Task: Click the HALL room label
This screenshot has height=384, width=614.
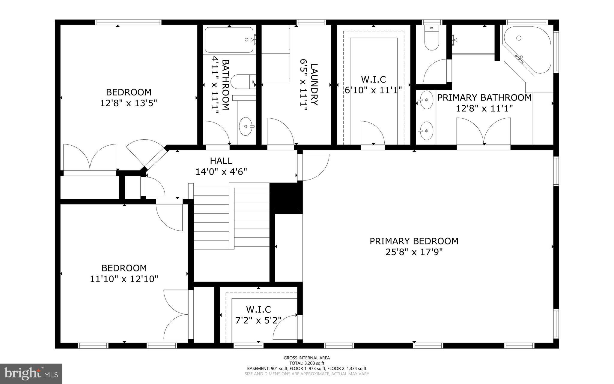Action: click(x=221, y=161)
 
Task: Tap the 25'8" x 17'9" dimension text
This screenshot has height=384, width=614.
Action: click(x=414, y=252)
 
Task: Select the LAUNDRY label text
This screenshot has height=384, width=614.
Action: click(x=314, y=84)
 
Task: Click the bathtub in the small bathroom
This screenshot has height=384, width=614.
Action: click(x=229, y=40)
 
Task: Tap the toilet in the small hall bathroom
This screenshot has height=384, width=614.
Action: click(x=243, y=82)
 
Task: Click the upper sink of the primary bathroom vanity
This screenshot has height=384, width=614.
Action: click(x=426, y=100)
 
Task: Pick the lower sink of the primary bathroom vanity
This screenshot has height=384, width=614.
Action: click(x=426, y=131)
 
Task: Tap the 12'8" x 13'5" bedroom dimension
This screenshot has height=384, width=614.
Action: click(x=129, y=103)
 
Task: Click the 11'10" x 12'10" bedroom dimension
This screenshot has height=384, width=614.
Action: click(x=124, y=279)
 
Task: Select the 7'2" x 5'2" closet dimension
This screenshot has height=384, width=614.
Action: click(x=258, y=321)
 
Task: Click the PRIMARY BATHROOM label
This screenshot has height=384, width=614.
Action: click(x=484, y=98)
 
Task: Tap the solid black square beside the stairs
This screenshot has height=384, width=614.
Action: click(x=286, y=198)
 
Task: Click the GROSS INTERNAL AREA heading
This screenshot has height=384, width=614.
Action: click(x=307, y=358)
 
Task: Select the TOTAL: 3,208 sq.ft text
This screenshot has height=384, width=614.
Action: click(x=307, y=363)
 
